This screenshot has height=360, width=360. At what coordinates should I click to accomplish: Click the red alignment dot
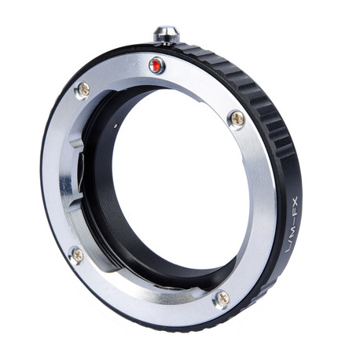click(156, 64)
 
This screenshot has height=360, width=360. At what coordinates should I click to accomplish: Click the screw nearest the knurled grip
click(237, 119)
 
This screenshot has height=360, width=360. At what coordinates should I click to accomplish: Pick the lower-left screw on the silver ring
click(78, 254)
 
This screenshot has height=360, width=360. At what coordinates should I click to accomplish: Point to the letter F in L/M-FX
click(295, 215)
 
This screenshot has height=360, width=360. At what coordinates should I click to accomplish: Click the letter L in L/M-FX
click(289, 248)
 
